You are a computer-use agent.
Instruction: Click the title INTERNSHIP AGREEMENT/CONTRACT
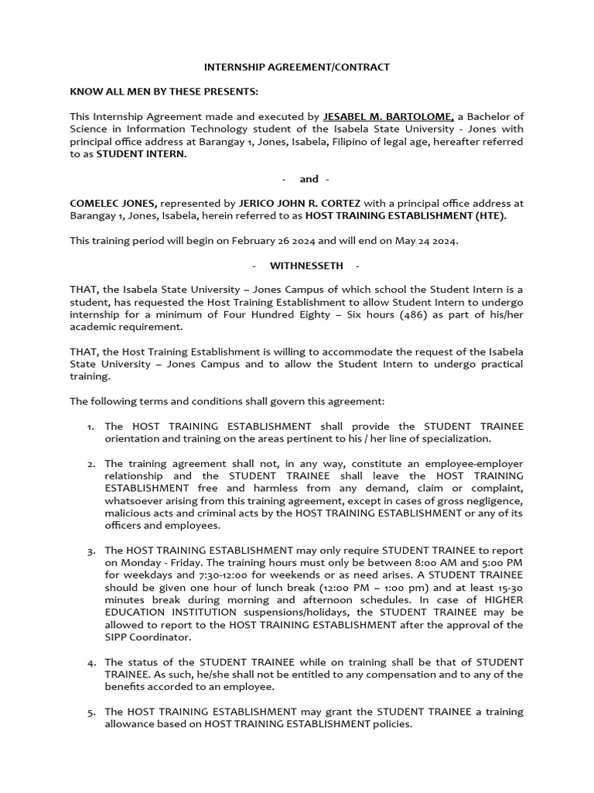297,67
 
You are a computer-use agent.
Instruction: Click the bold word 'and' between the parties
309,179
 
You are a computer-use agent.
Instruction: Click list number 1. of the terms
90,427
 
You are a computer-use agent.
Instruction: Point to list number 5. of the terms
90,712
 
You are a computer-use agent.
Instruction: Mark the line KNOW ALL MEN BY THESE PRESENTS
164,92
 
